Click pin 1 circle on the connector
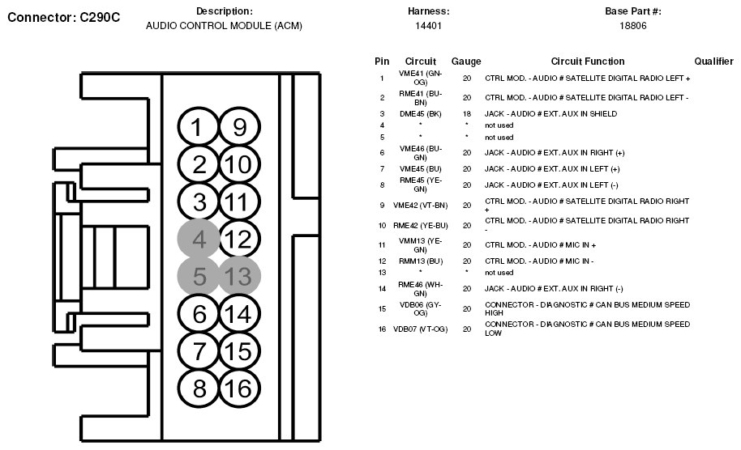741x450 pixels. click(x=199, y=127)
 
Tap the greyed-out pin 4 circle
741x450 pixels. click(x=199, y=239)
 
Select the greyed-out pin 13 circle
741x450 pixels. click(x=238, y=277)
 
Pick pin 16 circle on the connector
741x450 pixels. click(x=238, y=388)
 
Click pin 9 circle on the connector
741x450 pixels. click(x=238, y=127)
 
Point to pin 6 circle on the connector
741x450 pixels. click(x=199, y=314)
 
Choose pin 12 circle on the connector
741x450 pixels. click(x=238, y=239)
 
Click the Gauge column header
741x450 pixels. click(x=466, y=62)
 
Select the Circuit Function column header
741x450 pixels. click(x=588, y=62)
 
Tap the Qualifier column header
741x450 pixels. click(x=714, y=62)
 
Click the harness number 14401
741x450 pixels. click(x=428, y=26)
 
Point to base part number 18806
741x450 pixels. click(x=633, y=26)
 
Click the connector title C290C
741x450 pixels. click(x=63, y=17)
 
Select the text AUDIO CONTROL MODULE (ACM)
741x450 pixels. click(x=224, y=26)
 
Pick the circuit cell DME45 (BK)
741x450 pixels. click(x=420, y=114)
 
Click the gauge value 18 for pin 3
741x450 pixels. click(x=467, y=114)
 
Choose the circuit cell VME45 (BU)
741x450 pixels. click(x=420, y=169)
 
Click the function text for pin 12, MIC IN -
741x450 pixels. click(x=539, y=261)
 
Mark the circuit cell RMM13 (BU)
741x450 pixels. click(x=420, y=261)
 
